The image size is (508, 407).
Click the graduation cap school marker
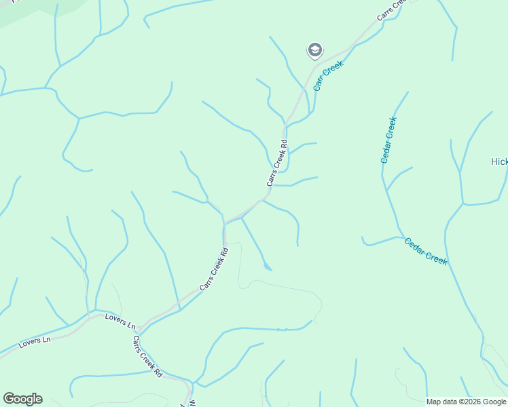314,50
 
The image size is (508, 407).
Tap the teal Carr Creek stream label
328,75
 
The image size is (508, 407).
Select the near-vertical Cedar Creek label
388,140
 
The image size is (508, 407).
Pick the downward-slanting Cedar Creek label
426,251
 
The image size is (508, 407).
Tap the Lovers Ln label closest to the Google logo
35,341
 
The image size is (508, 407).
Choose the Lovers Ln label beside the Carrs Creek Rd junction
120,321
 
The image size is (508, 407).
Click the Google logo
23,399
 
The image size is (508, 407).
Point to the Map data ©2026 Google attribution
466,402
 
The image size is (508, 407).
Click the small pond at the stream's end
268,267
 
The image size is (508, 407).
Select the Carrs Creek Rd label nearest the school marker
278,163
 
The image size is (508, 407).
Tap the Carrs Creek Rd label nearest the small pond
214,269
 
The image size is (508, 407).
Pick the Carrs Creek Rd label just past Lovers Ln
147,357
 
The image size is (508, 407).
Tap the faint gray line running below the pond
285,286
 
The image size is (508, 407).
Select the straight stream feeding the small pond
253,240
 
